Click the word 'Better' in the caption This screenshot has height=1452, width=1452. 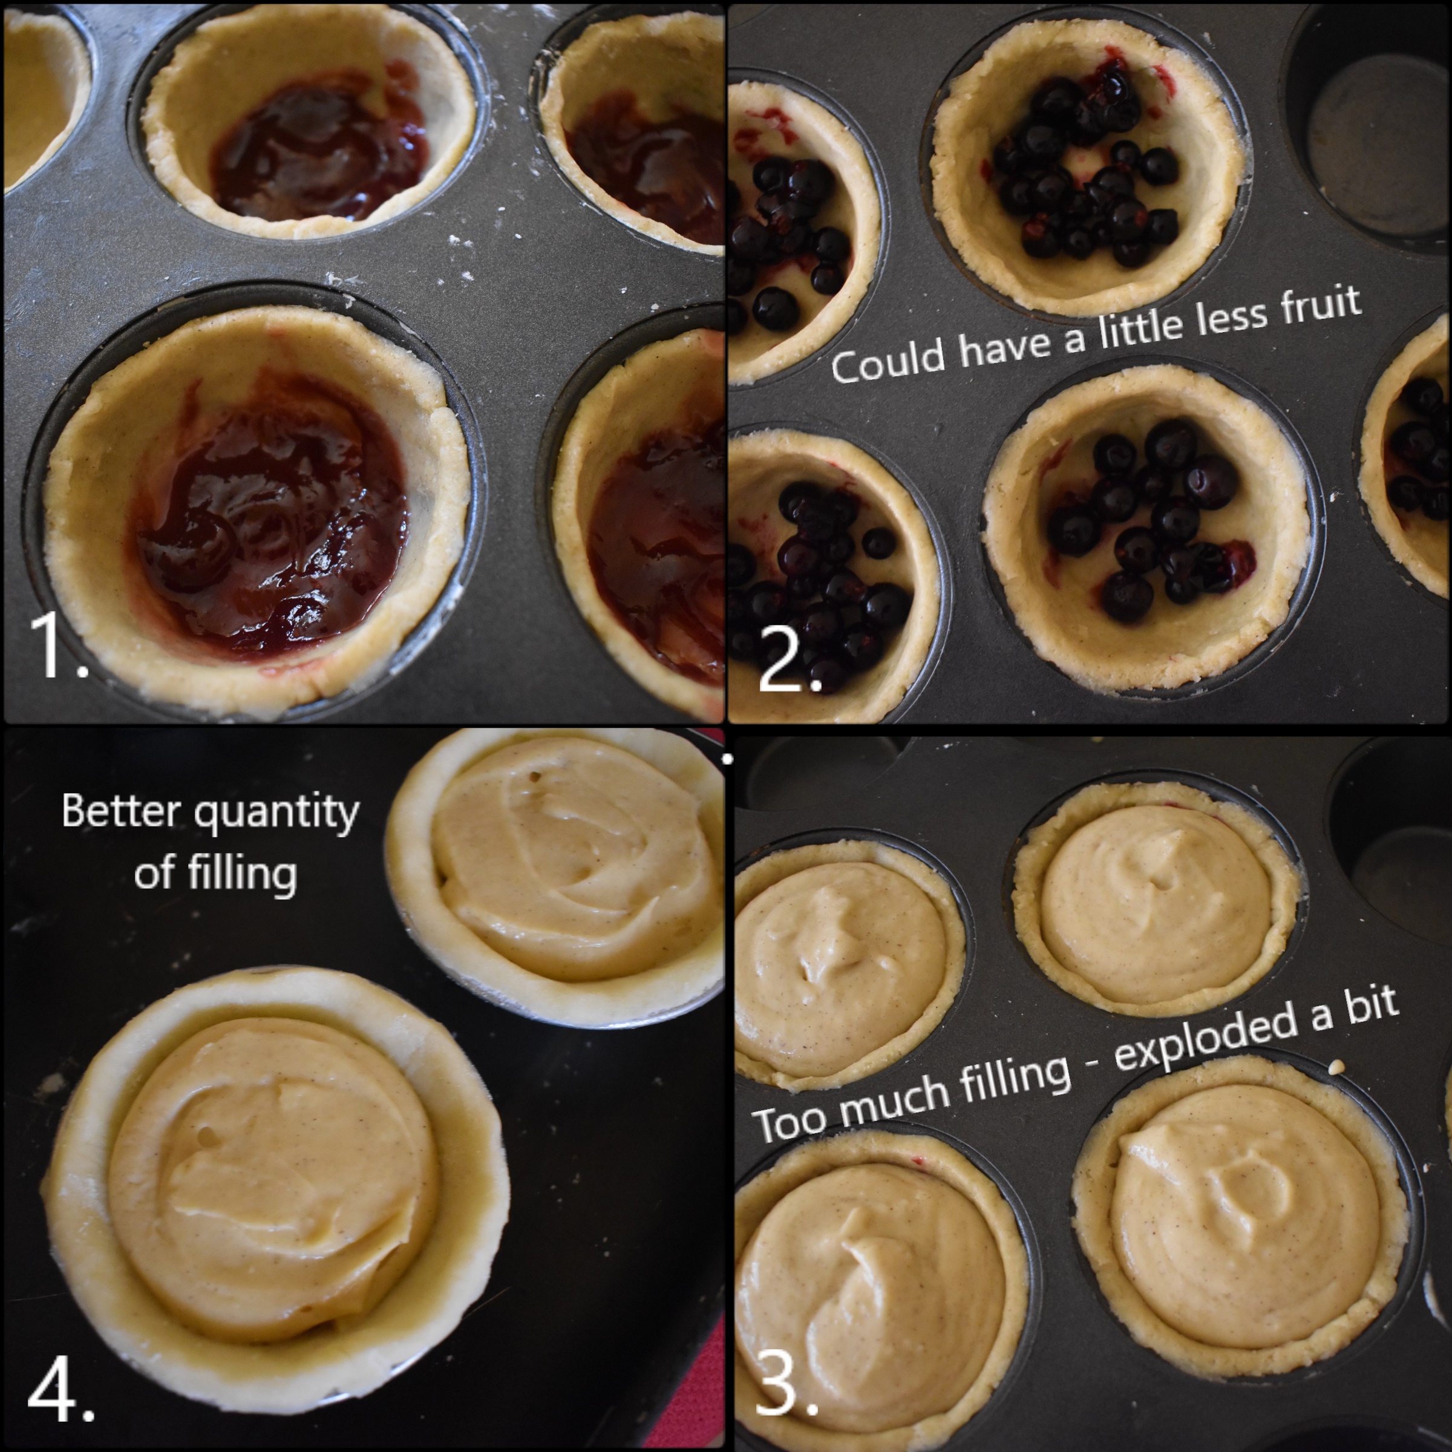pyautogui.click(x=120, y=812)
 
